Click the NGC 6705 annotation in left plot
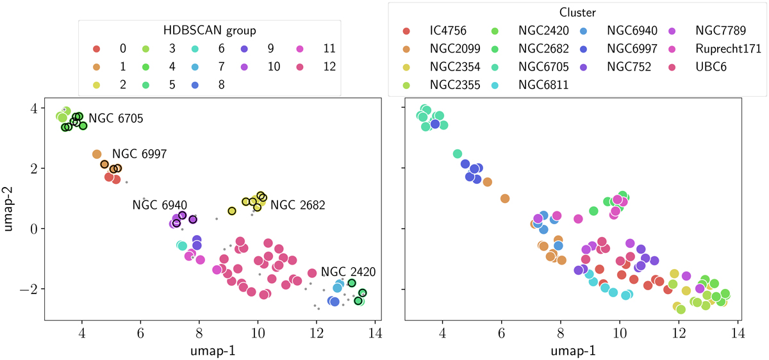pos(115,119)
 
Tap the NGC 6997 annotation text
pos(139,154)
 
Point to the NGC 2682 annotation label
pos(297,206)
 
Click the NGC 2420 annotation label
pos(347,272)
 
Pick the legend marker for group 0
pos(96,49)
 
